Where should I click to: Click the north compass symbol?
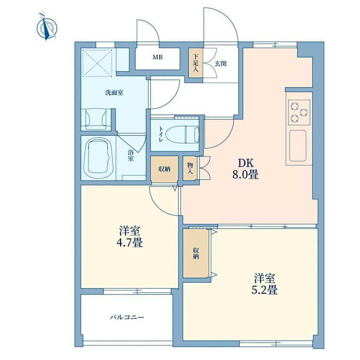click(47, 27)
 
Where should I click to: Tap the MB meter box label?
click(157, 57)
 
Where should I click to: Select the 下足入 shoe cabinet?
click(196, 63)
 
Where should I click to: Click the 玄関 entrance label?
click(221, 63)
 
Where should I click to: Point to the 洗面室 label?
click(114, 93)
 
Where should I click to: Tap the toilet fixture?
click(182, 134)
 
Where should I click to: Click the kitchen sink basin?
click(297, 146)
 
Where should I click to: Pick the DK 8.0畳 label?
click(246, 169)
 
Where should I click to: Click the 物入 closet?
click(190, 168)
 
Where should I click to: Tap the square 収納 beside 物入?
click(165, 169)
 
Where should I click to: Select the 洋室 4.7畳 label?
click(130, 236)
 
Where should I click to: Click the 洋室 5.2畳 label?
click(265, 284)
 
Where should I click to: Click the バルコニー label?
click(126, 317)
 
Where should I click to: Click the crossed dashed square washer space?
click(97, 63)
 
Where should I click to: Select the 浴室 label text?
click(131, 155)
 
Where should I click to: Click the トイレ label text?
click(160, 134)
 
